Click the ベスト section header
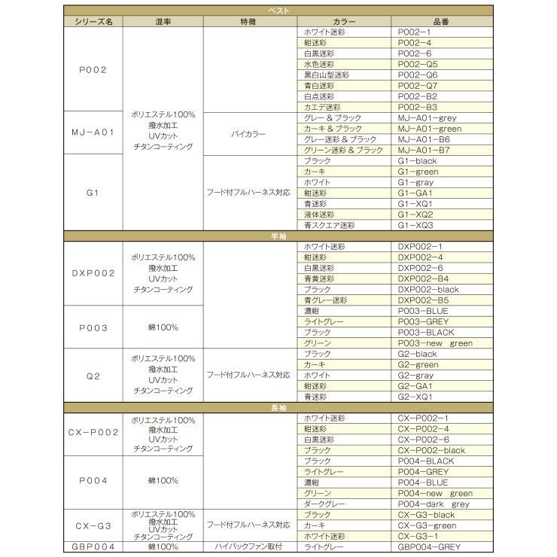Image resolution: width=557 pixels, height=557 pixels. click(278, 11)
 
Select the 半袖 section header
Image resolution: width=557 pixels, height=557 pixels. click(278, 236)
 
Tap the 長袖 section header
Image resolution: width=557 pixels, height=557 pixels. click(278, 407)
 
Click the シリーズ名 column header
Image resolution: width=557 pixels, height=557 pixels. click(93, 22)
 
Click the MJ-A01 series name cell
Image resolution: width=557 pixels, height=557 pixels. click(93, 133)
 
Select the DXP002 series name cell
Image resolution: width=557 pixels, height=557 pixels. click(93, 272)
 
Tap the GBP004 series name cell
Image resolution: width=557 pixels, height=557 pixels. click(93, 547)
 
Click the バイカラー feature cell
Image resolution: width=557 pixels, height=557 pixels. click(247, 133)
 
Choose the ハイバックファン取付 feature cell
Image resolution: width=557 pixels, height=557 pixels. click(247, 547)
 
